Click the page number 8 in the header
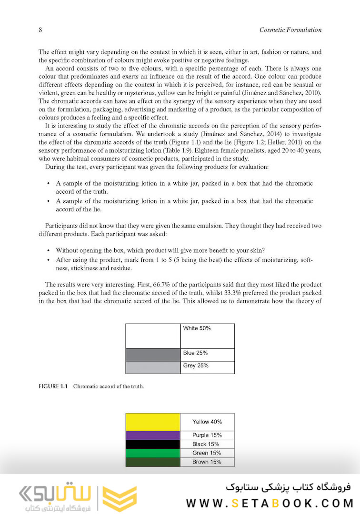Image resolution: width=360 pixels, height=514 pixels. (x=40, y=30)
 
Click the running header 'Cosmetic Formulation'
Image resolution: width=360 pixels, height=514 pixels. (x=290, y=30)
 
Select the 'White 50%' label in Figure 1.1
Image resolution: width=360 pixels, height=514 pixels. (x=197, y=328)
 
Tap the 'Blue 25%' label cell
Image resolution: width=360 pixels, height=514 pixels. (x=195, y=354)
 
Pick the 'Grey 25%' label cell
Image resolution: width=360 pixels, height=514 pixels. (x=196, y=366)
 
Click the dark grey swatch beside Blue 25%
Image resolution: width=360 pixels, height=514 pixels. (x=153, y=355)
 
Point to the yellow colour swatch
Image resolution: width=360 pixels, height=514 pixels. (x=153, y=422)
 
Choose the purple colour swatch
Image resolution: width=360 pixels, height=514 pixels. (x=153, y=435)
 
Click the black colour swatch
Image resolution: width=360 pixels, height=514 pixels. (x=153, y=444)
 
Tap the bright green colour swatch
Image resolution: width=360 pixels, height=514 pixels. (x=153, y=453)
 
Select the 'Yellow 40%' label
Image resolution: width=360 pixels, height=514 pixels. (x=207, y=422)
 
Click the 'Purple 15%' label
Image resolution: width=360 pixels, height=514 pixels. (x=207, y=435)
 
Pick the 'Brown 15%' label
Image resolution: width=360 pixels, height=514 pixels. (x=207, y=462)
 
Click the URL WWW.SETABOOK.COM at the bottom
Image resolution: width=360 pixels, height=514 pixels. (x=270, y=503)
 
